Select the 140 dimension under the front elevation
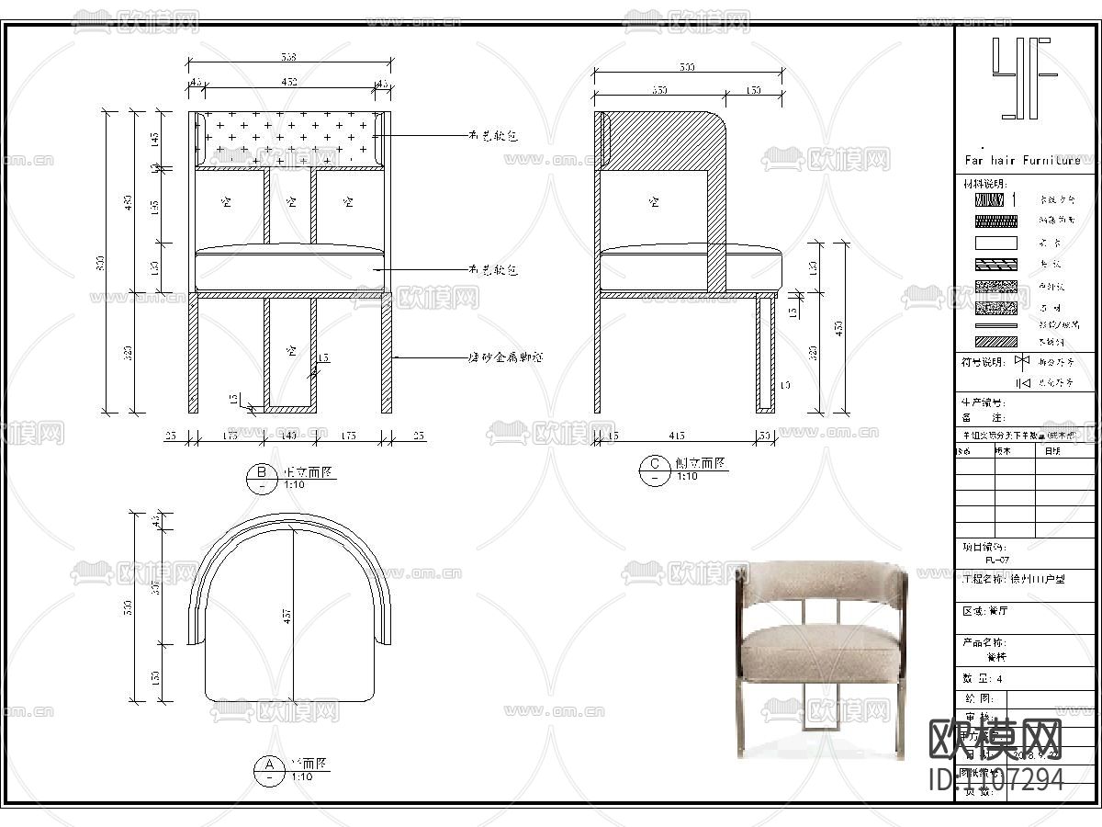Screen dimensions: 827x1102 [x=289, y=436]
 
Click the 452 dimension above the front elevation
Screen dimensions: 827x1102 [x=289, y=83]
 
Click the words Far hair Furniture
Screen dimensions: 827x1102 [x=1022, y=161]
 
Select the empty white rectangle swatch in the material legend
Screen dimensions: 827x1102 [x=995, y=244]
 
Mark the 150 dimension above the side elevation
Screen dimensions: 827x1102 [x=753, y=91]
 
